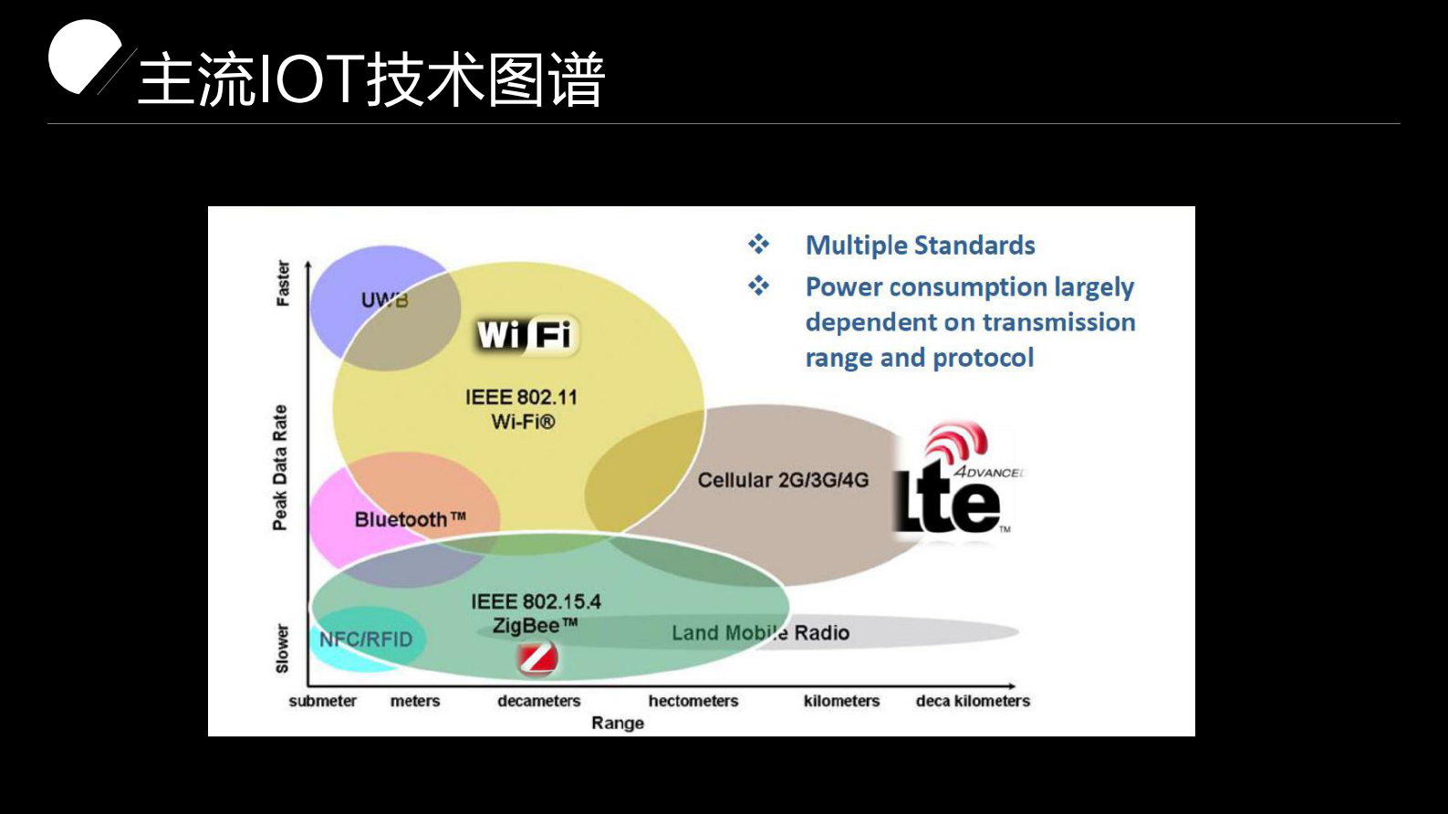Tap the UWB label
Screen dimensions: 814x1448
384,299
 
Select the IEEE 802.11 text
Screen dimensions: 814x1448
521,397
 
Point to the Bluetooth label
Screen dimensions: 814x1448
410,519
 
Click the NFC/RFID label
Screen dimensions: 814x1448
366,640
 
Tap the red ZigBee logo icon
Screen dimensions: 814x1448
537,658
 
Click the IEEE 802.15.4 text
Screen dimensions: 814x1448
536,601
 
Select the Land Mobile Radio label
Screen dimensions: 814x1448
760,632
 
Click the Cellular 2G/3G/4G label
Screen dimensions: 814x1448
783,480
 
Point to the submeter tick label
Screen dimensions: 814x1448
322,701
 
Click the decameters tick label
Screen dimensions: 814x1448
538,701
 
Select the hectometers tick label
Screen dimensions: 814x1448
693,701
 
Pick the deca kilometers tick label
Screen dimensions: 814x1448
973,701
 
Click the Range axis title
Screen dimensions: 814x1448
618,723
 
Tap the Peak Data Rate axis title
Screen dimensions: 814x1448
280,467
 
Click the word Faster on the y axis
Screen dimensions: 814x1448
283,284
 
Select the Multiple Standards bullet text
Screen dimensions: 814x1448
920,245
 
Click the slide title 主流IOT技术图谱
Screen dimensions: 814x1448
371,80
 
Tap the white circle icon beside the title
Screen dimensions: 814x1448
83,57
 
